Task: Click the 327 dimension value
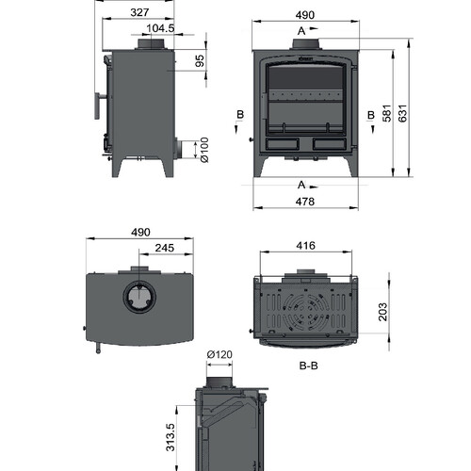coord(139,12)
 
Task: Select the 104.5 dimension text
coord(160,28)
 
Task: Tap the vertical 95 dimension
coord(200,60)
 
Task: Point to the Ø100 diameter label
coord(204,150)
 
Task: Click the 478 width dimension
coord(305,202)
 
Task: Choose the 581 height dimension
coord(387,113)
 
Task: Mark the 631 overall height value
coord(402,113)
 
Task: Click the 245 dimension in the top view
coord(165,248)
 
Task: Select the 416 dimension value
coord(305,245)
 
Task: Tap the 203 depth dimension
coord(382,312)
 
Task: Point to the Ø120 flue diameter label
coord(219,354)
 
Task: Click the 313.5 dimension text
coord(170,437)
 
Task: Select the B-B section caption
coord(309,365)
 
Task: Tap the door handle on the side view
coord(97,106)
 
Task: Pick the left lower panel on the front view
coord(283,144)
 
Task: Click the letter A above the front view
coord(301,31)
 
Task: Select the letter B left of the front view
coord(240,114)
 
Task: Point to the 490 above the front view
coord(305,15)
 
